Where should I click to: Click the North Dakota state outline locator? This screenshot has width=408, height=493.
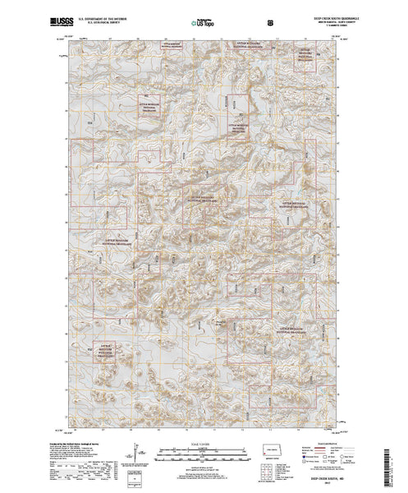point(273,451)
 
